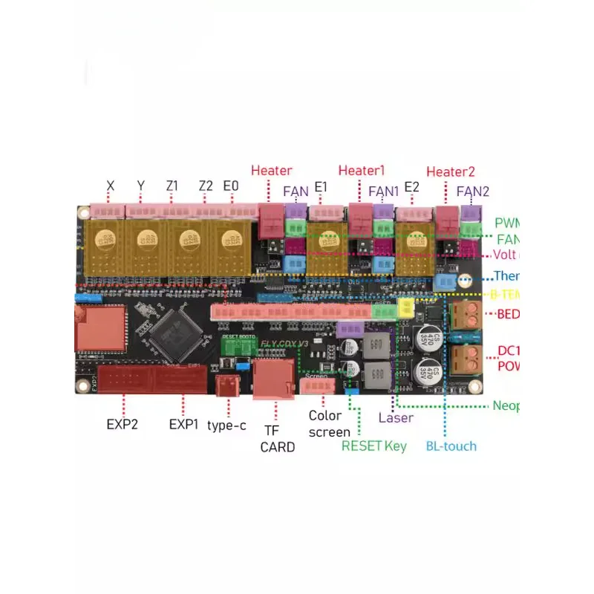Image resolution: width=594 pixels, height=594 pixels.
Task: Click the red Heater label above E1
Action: click(272, 171)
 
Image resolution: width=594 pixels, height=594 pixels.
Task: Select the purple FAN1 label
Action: click(384, 191)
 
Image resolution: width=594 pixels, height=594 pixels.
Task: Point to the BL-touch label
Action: click(451, 446)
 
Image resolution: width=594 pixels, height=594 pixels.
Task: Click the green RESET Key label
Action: click(374, 446)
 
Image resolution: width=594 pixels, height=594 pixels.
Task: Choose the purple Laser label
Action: click(396, 417)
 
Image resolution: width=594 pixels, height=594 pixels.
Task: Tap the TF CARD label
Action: click(277, 438)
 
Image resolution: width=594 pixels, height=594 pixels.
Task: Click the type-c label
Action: click(226, 425)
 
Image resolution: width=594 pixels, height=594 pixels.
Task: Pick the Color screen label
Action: click(329, 424)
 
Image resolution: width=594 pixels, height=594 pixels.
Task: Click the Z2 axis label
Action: click(206, 185)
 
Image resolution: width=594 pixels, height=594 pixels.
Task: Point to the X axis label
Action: click(111, 185)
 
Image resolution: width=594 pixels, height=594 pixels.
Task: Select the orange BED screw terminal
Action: click(466, 314)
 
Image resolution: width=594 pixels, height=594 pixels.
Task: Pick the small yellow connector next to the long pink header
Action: click(406, 308)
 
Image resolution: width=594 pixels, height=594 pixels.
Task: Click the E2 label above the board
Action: click(411, 186)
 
